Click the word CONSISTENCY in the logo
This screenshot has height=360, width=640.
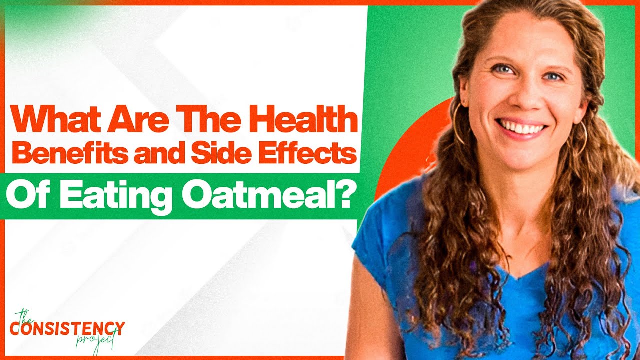(67, 329)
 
